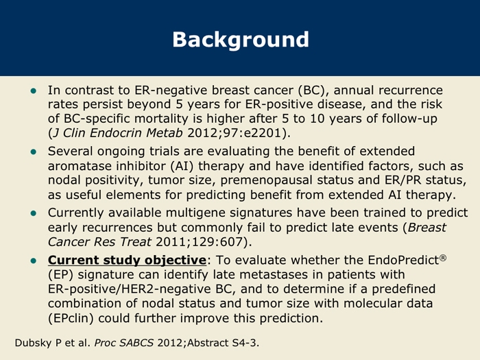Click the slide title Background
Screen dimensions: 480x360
(241, 40)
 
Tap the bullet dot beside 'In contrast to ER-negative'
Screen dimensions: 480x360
(34, 91)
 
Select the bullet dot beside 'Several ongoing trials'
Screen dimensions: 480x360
(34, 152)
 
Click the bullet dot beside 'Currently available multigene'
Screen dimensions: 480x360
(34, 213)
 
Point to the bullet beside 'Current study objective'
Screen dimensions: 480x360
(34, 261)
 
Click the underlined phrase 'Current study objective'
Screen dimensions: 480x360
(127, 260)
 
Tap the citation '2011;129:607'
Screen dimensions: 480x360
(200, 242)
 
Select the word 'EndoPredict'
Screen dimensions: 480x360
(403, 260)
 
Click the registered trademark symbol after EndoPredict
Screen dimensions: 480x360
(443, 258)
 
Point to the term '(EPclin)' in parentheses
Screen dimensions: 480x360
(71, 318)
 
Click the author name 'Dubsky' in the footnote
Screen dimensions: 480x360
(34, 343)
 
